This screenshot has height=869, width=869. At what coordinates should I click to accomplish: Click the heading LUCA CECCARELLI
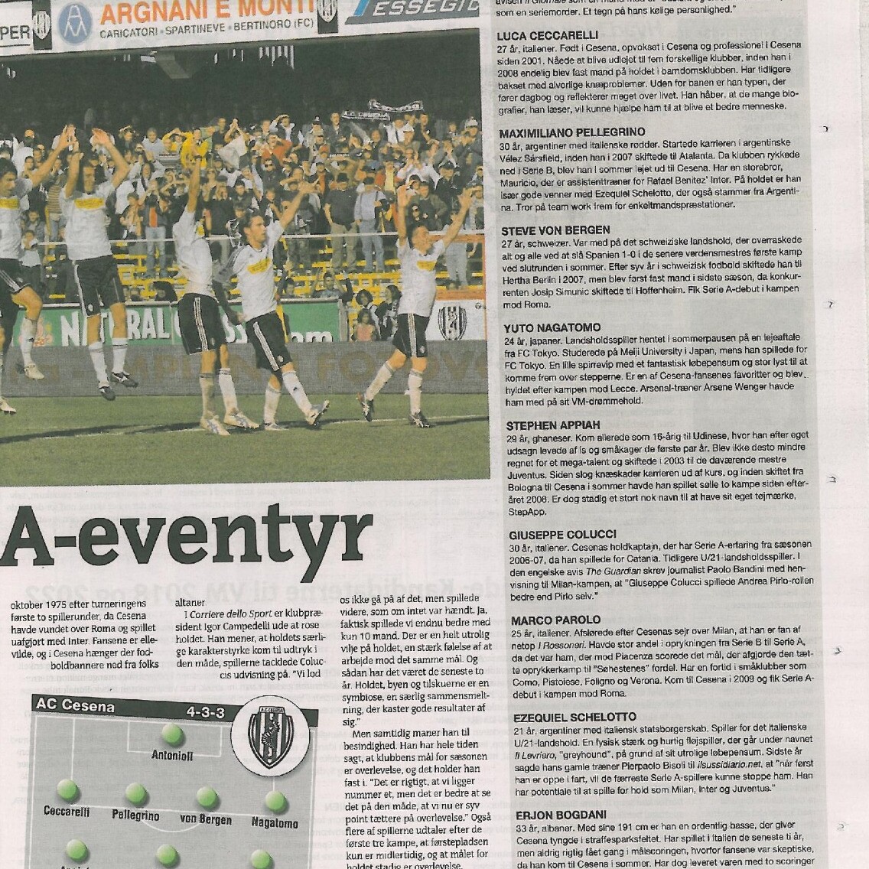(547, 35)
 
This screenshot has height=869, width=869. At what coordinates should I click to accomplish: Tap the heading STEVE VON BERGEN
(555, 230)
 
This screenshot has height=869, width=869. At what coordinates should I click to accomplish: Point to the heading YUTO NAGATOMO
(552, 328)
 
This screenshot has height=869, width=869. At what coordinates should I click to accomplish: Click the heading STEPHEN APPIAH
(553, 425)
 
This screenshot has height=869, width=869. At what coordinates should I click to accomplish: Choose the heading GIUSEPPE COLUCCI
(562, 535)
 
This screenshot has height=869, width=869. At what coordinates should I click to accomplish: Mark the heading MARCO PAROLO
(555, 620)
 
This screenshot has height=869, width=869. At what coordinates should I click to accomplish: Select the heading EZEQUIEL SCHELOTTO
(574, 718)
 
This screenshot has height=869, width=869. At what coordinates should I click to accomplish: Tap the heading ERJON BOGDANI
(561, 815)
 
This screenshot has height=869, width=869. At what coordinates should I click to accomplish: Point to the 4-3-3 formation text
(205, 712)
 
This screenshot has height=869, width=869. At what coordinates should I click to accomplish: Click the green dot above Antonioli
(172, 735)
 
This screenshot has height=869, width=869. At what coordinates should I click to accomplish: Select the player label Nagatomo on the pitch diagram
(275, 823)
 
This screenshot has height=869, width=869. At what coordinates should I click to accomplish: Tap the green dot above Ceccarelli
(67, 789)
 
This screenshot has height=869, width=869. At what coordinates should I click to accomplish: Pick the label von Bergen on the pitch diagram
(206, 819)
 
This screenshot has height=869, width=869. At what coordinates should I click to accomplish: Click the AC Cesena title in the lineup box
(75, 705)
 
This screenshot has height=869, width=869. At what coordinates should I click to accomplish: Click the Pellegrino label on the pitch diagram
(135, 815)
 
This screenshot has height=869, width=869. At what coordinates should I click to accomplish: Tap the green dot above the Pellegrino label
(136, 793)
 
